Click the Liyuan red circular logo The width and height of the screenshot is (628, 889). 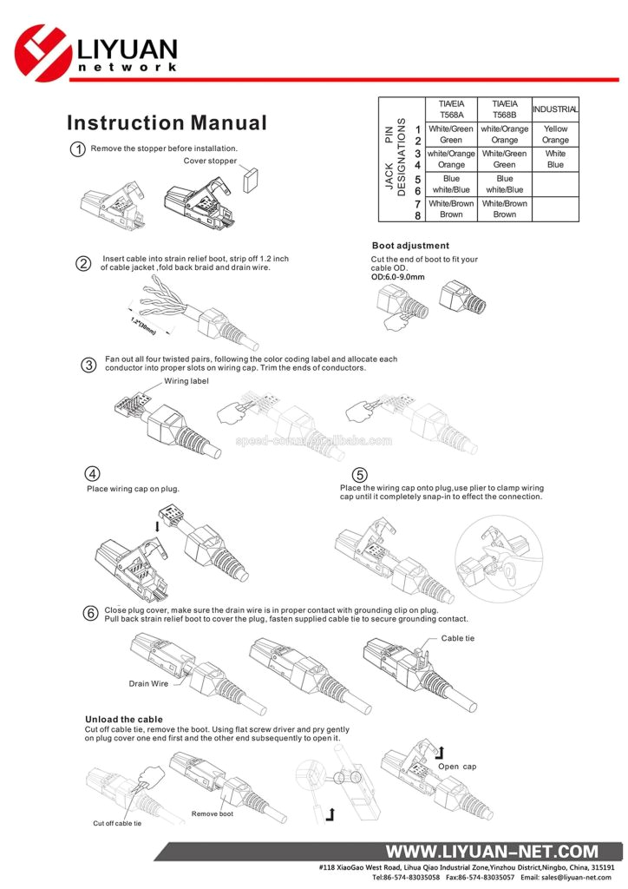[x=43, y=51]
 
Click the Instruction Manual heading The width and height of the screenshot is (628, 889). [x=167, y=123]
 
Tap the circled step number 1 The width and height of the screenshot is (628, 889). [x=78, y=149]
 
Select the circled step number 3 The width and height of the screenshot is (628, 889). [x=88, y=365]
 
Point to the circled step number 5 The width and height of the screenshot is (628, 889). [x=360, y=475]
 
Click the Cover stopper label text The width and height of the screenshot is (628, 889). [x=210, y=161]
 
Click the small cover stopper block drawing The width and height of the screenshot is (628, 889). [x=251, y=180]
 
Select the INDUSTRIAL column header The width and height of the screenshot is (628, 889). [x=555, y=109]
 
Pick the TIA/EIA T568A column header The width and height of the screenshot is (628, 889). [x=451, y=109]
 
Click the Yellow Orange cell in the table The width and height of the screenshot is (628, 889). [x=555, y=135]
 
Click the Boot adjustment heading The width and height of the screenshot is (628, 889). [x=410, y=246]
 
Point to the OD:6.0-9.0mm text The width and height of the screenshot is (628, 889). [x=398, y=277]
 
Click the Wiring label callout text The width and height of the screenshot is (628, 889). [x=186, y=381]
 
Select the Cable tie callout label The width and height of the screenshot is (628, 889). [x=458, y=638]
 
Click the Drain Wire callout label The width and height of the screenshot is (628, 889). [x=148, y=683]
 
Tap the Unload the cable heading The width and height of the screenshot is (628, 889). [x=123, y=719]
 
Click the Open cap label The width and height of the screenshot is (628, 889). [x=456, y=767]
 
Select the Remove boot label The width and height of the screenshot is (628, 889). [x=213, y=813]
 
